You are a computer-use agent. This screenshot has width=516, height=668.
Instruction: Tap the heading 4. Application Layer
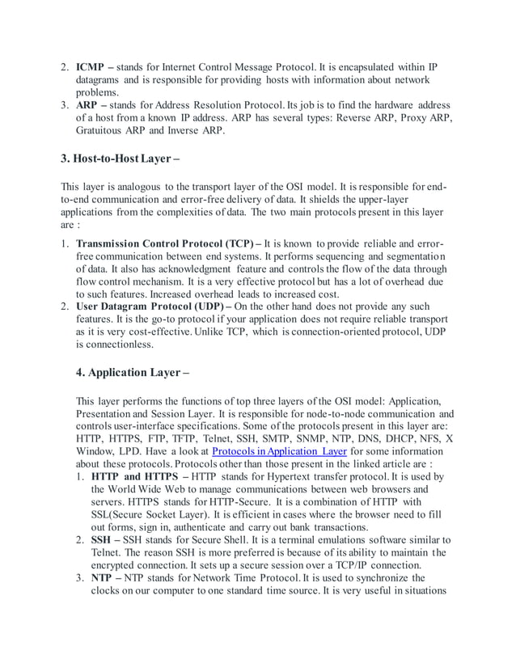pyautogui.click(x=133, y=373)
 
